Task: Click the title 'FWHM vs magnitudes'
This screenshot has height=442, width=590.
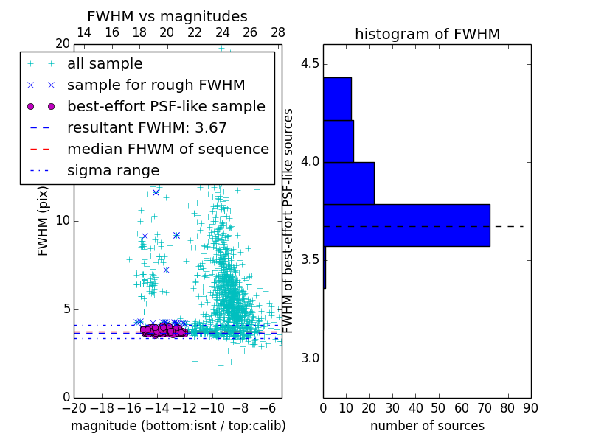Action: coord(167,16)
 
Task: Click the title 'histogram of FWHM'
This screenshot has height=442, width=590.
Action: coord(427,34)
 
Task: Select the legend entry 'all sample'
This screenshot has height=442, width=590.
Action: coord(105,64)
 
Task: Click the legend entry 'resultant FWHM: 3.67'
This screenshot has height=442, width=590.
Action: coord(147,128)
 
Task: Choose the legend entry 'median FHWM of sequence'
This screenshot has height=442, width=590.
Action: coord(167,150)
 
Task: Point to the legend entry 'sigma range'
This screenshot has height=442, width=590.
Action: coord(113,171)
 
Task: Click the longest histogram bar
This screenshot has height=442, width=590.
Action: coord(406,225)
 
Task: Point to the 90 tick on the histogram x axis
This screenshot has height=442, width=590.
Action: coord(530,407)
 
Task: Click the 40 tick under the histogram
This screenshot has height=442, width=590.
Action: coord(415,407)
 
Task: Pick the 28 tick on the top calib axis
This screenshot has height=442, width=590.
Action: coord(278,33)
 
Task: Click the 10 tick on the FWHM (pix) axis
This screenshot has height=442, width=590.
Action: coord(63,221)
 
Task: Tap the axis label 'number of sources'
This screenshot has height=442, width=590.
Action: coord(427,426)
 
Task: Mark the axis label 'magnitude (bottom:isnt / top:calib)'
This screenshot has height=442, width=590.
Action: coord(178,426)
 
